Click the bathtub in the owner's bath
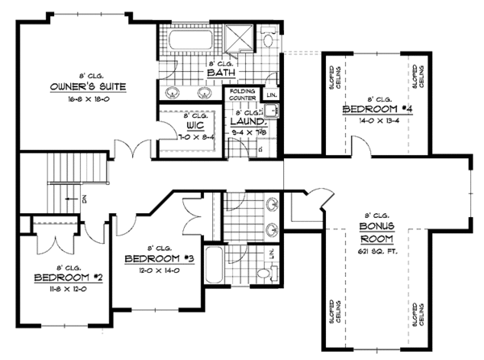pyautogui.click(x=190, y=40)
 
